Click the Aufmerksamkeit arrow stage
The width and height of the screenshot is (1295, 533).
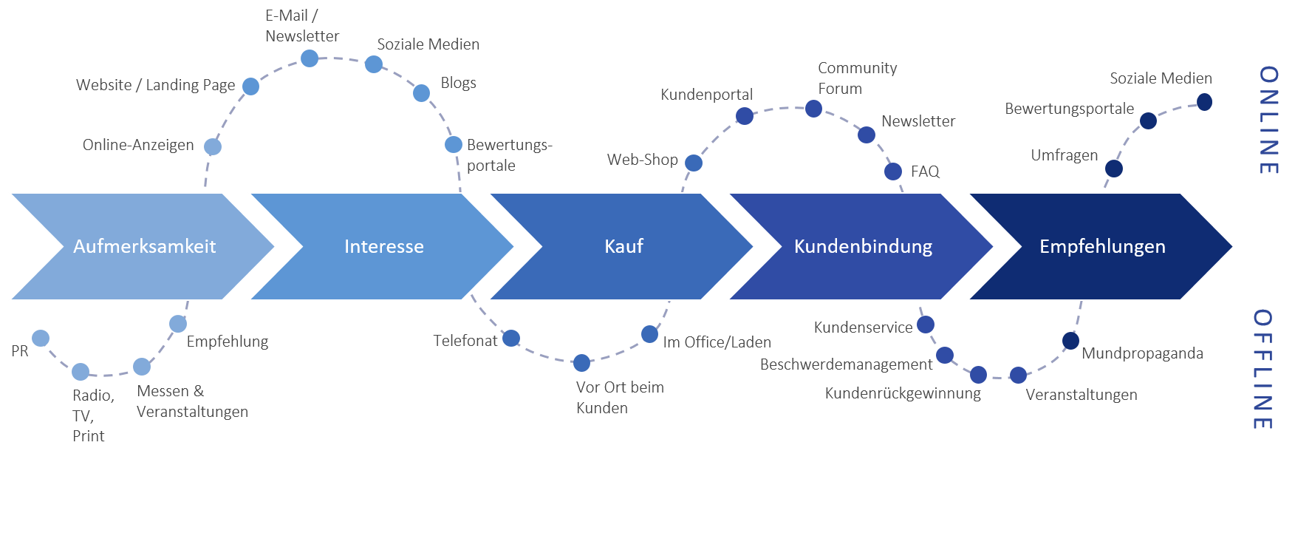click(144, 246)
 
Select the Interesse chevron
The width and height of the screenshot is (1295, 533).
click(383, 246)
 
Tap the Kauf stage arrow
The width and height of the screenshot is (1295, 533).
click(623, 246)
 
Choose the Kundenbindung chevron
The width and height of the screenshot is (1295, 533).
click(863, 246)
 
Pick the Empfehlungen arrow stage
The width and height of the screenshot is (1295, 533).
click(1102, 246)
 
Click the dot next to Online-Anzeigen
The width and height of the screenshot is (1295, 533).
click(213, 146)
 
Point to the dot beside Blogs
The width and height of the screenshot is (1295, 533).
click(421, 92)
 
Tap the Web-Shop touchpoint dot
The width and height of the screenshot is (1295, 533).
click(693, 163)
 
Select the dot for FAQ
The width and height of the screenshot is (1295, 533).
click(893, 172)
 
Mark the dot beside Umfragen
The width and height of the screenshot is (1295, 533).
click(1113, 169)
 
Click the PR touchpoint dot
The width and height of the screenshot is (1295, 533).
click(41, 339)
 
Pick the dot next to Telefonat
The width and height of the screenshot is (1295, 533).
click(511, 339)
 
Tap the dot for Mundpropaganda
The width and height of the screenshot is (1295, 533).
click(1070, 341)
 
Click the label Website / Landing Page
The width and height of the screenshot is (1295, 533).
click(155, 85)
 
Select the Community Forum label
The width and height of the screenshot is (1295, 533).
click(857, 78)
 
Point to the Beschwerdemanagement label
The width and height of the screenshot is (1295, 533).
click(846, 364)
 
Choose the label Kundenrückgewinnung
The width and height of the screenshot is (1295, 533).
click(903, 393)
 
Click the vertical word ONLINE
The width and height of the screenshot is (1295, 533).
click(1268, 120)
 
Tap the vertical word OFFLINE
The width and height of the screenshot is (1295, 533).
click(1262, 369)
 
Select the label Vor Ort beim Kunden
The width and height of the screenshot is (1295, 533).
click(619, 398)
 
